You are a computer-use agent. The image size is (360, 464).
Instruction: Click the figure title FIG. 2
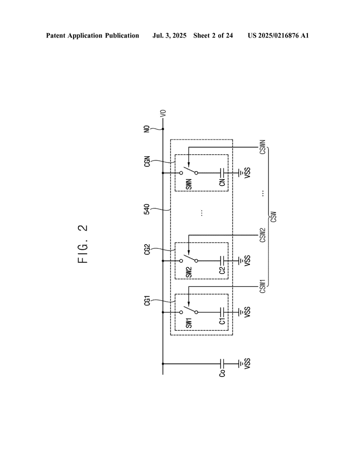(x=83, y=244)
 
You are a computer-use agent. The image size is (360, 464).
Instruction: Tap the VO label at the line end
(x=163, y=113)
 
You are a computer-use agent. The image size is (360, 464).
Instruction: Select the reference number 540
(x=147, y=209)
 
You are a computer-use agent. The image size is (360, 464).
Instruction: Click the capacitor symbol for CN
(x=222, y=173)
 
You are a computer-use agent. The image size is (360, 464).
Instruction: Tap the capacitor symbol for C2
(x=222, y=261)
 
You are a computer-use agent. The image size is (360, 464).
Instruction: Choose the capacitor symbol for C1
(x=222, y=312)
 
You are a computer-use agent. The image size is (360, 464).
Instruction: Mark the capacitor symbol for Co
(x=222, y=364)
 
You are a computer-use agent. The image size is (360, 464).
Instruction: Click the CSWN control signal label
(x=263, y=147)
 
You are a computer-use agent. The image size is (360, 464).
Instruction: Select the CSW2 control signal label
(x=263, y=235)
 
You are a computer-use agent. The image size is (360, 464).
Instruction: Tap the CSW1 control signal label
(x=263, y=286)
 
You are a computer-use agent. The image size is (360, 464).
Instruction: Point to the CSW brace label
(x=274, y=217)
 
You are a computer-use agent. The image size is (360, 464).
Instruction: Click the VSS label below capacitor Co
(x=248, y=364)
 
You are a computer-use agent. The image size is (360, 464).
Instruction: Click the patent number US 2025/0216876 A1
(x=278, y=36)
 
